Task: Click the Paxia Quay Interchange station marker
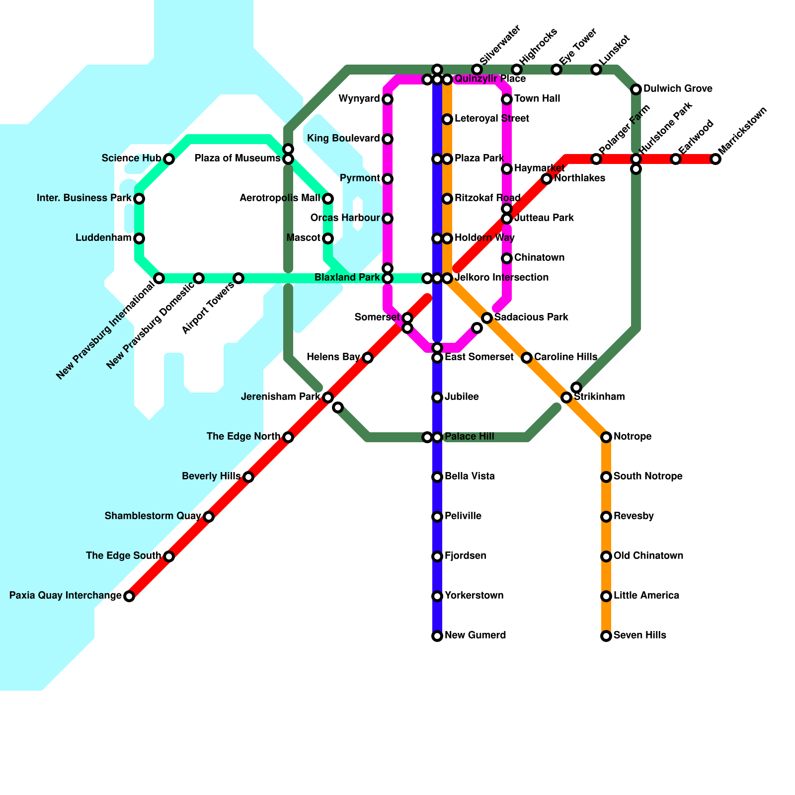[129, 596]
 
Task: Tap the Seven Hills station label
[639, 636]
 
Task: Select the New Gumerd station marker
[437, 636]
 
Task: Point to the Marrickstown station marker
[715, 159]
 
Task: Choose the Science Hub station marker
[169, 159]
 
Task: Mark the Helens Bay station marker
[368, 358]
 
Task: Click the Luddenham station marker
[139, 238]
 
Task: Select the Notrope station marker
[606, 437]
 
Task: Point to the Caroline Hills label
[565, 357]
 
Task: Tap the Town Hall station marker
[507, 99]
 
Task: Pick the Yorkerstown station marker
[437, 596]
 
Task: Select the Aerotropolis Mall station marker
[328, 199]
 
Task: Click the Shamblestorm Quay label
[153, 516]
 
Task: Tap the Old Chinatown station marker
[606, 556]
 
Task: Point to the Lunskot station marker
[596, 70]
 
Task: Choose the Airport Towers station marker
[238, 278]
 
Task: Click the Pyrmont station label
[360, 178]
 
